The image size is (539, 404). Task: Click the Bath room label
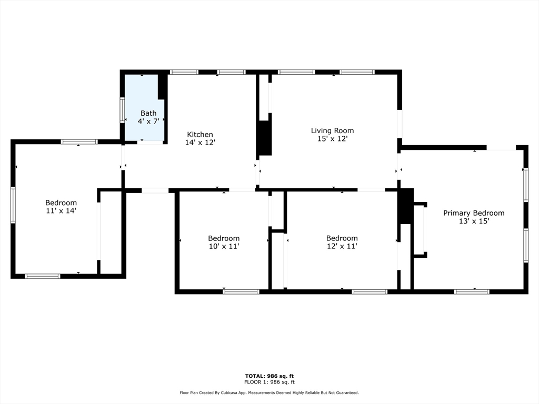point(148,113)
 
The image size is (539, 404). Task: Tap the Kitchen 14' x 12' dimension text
point(199,143)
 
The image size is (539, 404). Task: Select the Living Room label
point(332,130)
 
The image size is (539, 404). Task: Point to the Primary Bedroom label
point(474,213)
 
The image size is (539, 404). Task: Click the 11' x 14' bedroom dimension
point(61,211)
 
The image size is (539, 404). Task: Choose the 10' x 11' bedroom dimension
point(224,246)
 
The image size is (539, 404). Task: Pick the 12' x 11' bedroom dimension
point(342,246)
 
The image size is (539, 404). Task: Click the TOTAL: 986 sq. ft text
point(269,376)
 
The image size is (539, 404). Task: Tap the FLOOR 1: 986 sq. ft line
point(269,382)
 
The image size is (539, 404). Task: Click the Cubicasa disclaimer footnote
point(269,392)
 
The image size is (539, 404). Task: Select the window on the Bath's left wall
point(122,110)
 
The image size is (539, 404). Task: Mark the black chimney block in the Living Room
point(264,138)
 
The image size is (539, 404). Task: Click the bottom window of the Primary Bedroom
point(472,291)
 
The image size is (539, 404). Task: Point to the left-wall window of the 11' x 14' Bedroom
point(13,205)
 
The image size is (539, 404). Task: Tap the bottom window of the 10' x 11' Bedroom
point(241,291)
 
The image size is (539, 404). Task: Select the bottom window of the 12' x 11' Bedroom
point(370,291)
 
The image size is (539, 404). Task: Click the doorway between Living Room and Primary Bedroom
point(399,170)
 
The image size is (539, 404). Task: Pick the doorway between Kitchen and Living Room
point(257,171)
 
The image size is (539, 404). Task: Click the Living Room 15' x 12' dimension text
point(332,139)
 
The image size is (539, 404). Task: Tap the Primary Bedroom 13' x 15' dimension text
point(474,221)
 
